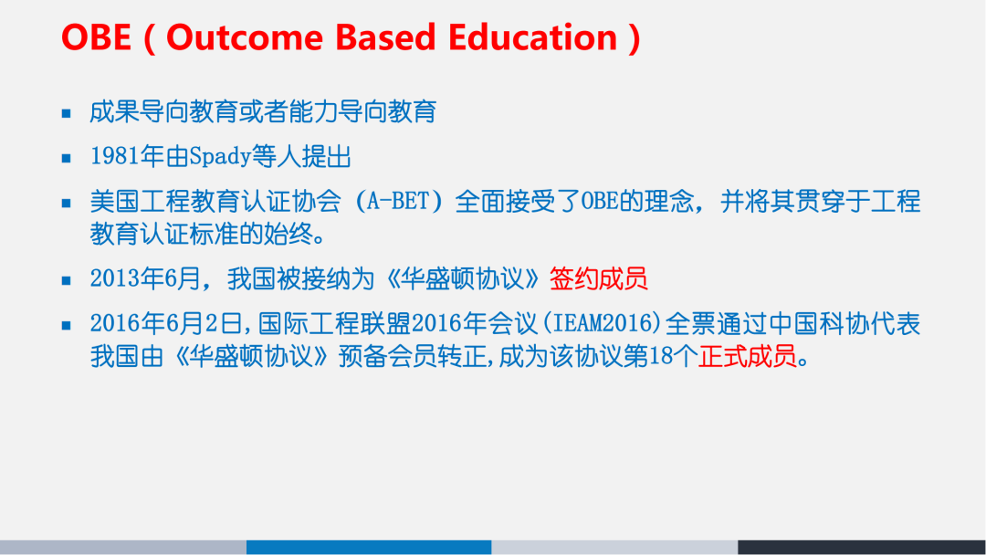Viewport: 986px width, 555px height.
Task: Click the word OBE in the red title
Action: pyautogui.click(x=95, y=37)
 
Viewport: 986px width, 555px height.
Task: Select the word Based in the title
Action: pyautogui.click(x=384, y=37)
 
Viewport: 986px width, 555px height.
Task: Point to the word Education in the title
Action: pyautogui.click(x=533, y=37)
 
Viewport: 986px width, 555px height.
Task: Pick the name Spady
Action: pyautogui.click(x=219, y=157)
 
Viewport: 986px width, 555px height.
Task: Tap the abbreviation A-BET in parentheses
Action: pyautogui.click(x=398, y=202)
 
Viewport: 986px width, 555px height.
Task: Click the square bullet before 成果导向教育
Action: pyautogui.click(x=66, y=114)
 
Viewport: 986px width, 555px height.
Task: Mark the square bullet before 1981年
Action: pyautogui.click(x=66, y=158)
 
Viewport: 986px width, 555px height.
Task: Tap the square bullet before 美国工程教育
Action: pyautogui.click(x=66, y=203)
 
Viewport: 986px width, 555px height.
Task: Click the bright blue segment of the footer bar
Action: pyautogui.click(x=369, y=547)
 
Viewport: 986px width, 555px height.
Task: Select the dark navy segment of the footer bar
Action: pyautogui.click(x=861, y=547)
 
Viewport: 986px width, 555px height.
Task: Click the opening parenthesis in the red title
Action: pyautogui.click(x=146, y=39)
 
